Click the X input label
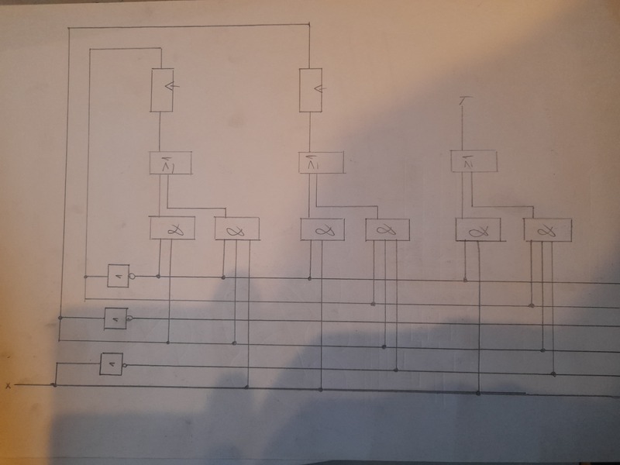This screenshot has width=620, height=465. tap(8, 385)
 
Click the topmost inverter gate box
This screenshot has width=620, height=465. tap(118, 275)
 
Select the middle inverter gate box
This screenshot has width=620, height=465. tap(115, 318)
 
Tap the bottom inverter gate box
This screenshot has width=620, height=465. tap(111, 363)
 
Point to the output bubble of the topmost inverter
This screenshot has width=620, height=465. tap(133, 275)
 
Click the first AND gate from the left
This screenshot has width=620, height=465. tap(170, 229)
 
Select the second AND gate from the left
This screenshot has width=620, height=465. tap(236, 230)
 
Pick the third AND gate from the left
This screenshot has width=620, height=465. tap(322, 230)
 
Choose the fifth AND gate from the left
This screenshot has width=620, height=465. tap(477, 229)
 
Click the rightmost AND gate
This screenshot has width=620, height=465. tap(547, 230)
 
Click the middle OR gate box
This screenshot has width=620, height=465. tap(321, 163)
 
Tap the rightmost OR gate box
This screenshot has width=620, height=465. tap(472, 161)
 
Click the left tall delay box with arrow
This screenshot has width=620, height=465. tap(160, 90)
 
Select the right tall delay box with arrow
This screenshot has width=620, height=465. tap(310, 90)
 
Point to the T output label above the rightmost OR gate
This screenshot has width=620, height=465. tap(463, 101)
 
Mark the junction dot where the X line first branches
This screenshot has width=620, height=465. tap(53, 384)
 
